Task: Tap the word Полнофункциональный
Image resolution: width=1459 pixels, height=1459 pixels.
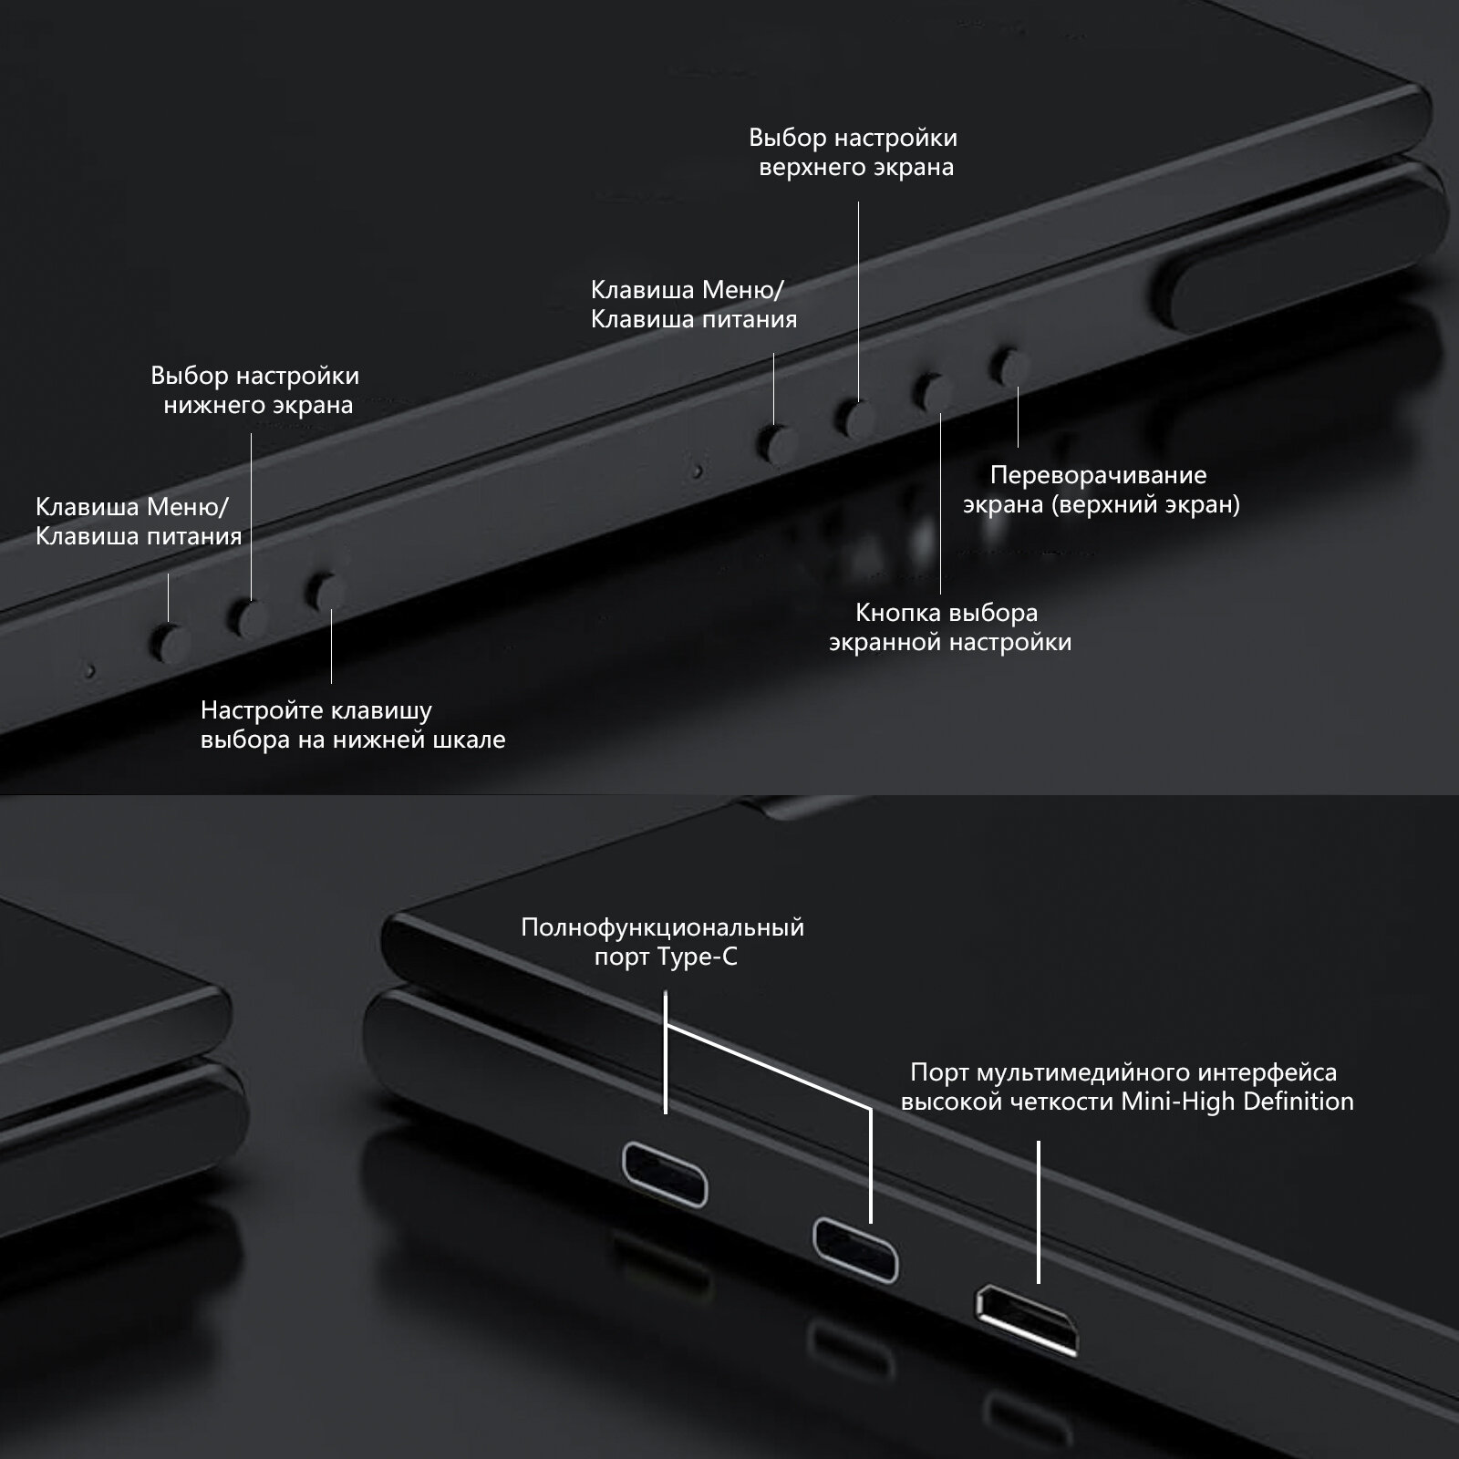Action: click(x=662, y=928)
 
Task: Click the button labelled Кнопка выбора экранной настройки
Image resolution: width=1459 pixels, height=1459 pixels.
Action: click(x=933, y=391)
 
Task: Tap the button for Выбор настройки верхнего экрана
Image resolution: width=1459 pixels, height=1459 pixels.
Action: click(x=857, y=419)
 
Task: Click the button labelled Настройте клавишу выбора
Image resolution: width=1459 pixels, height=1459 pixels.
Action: click(x=326, y=591)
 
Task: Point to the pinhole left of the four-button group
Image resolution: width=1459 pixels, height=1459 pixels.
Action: click(x=698, y=472)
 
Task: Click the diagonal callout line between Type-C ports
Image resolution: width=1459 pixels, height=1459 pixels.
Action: click(x=769, y=1066)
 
